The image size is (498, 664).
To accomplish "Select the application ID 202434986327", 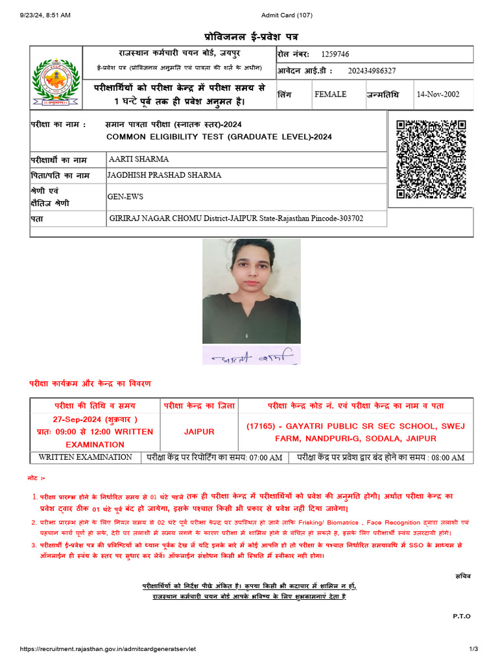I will (372, 71).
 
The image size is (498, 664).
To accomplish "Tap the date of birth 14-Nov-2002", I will (438, 95).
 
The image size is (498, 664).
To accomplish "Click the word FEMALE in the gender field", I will (330, 95).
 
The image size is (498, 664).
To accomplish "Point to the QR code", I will (431, 159).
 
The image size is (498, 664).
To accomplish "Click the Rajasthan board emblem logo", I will (57, 81).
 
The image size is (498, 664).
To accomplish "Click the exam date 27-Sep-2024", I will (80, 419).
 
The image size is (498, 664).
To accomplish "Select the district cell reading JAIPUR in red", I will (199, 431).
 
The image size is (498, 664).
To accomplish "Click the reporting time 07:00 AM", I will (267, 457).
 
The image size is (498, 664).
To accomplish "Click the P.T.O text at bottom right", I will (462, 616).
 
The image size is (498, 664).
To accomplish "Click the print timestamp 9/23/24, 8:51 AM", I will (45, 15).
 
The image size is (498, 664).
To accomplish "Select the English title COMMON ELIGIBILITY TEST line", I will (219, 137).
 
